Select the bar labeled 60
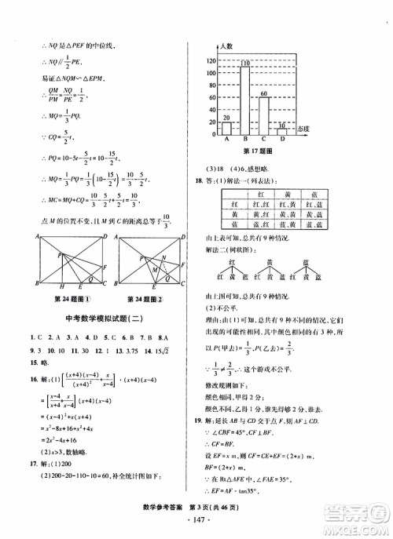coord(264,116)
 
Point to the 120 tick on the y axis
coord(211,60)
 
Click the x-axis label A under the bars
coord(226,141)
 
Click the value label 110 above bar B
coord(245,63)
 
